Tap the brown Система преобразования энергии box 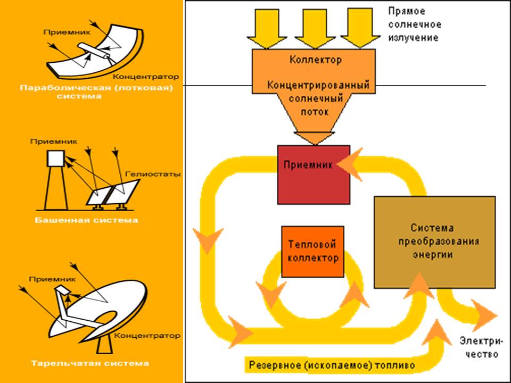coord(434,242)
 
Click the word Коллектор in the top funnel coord(315,60)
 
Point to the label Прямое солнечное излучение coord(413,24)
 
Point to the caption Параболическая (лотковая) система coord(96,92)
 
